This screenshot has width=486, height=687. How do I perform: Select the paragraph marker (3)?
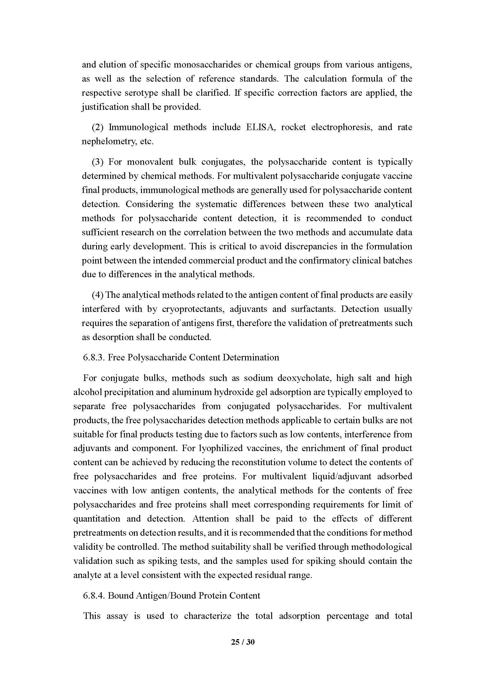[x=98, y=162]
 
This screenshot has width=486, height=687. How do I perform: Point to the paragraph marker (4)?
[x=98, y=295]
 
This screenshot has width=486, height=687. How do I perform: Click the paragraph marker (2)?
[x=98, y=127]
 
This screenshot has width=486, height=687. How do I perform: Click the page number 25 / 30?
[x=243, y=642]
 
